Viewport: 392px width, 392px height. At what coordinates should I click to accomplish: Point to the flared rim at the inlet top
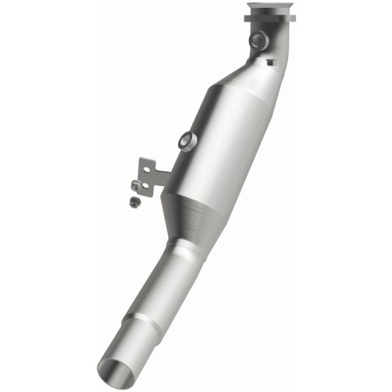[x=270, y=7]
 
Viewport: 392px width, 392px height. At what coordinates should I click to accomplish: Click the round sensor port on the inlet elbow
[x=258, y=41]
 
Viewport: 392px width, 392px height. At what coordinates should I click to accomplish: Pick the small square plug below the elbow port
[x=270, y=62]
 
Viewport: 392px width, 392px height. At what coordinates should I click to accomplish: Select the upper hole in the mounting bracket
[x=148, y=169]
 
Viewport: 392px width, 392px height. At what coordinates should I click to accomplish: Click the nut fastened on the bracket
[x=135, y=185]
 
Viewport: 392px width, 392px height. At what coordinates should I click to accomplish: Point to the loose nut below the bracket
[x=133, y=202]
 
